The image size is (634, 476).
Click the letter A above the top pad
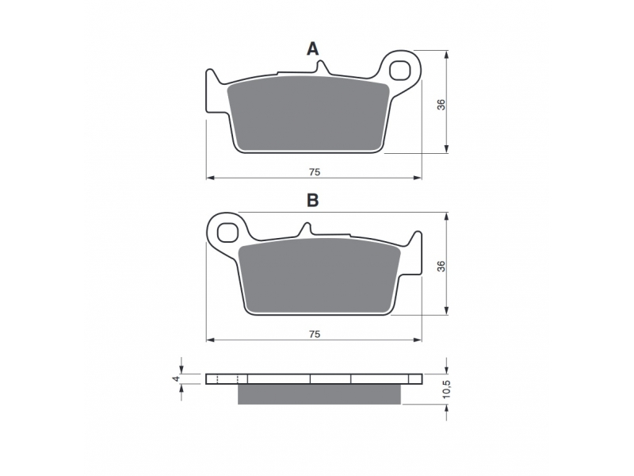pos(312,49)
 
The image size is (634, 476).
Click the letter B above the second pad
pos(312,201)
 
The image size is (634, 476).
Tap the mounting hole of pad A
pos(399,70)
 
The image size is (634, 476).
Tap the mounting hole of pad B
pos(227,232)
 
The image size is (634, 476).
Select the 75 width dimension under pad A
pos(315,172)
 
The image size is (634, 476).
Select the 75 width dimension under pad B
pos(315,334)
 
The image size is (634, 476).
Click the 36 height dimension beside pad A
pos(441,105)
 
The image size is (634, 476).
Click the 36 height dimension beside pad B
pos(441,267)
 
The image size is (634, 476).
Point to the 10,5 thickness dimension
pos(446,390)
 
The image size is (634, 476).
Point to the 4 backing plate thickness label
pos(175,379)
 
